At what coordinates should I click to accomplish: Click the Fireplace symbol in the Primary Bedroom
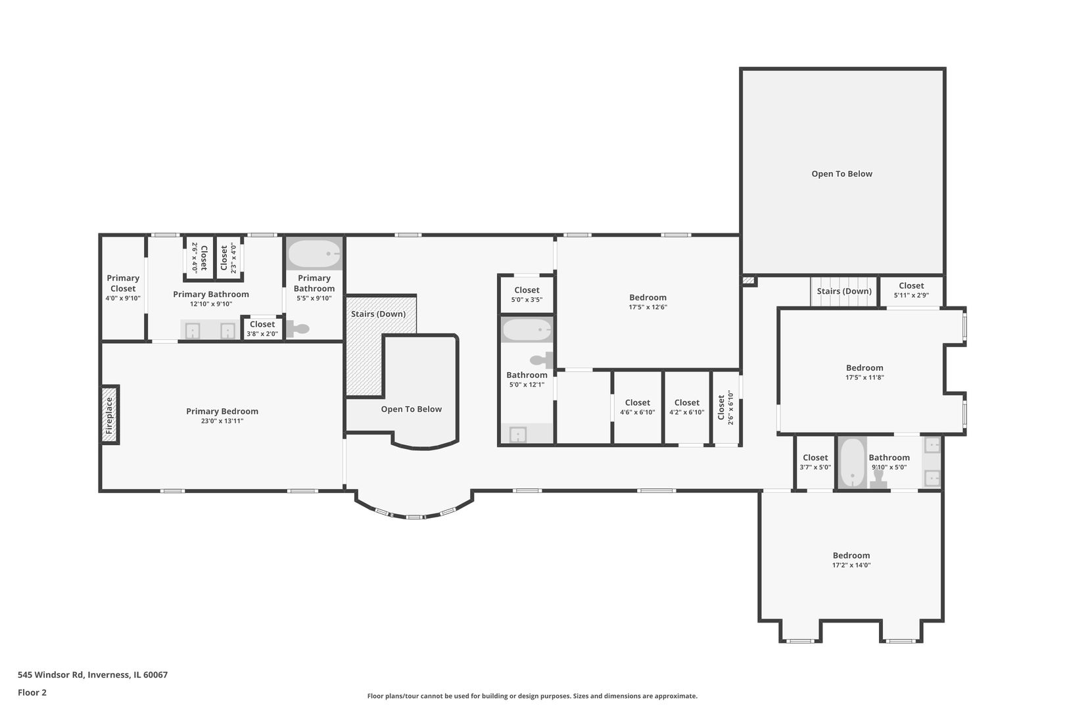point(110,415)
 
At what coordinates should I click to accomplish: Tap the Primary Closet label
point(123,283)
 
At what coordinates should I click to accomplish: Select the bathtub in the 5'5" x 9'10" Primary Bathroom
point(314,254)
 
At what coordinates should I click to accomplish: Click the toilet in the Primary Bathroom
point(298,329)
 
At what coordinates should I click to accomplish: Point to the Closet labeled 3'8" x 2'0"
point(262,328)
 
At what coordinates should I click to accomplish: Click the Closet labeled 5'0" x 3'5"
point(527,294)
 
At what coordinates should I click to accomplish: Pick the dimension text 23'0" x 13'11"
point(222,421)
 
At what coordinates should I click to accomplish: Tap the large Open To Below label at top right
point(841,174)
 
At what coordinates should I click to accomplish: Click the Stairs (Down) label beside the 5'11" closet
point(844,291)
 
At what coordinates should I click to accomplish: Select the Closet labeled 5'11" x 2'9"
point(911,290)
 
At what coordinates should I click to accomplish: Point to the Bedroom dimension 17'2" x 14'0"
point(851,565)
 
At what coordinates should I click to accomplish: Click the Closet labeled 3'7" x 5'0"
point(815,461)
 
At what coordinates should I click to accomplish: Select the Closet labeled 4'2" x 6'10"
point(686,407)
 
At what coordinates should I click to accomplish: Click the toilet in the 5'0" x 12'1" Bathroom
point(542,360)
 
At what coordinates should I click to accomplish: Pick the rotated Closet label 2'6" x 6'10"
point(725,408)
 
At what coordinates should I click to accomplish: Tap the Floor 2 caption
point(32,692)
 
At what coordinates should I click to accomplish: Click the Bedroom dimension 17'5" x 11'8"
point(864,378)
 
